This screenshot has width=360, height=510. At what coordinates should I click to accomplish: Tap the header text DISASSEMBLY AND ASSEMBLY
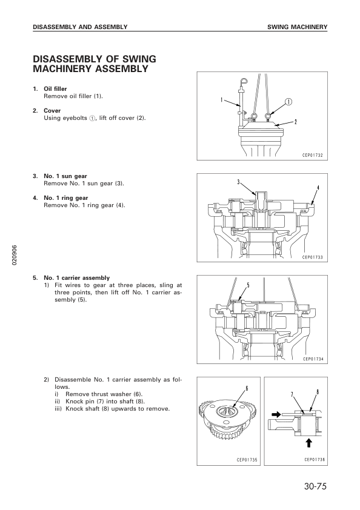80,27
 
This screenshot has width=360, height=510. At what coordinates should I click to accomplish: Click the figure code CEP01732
313,155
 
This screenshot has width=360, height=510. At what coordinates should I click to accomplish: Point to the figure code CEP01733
313,257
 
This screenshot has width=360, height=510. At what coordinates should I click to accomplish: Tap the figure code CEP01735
247,460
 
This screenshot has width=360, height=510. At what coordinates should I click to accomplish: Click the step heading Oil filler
55,89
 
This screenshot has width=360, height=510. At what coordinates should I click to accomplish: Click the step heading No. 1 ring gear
66,197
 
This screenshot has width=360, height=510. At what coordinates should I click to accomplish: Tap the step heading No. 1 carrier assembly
76,278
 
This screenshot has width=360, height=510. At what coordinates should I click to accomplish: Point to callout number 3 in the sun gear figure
238,182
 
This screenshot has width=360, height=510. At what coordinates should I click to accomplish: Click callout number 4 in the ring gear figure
318,187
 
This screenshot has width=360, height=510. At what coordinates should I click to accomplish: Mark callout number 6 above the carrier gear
247,388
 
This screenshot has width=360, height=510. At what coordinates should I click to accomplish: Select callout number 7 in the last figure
292,394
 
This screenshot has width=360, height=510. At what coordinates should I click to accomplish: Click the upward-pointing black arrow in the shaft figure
309,442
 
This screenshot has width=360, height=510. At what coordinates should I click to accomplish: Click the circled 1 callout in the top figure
288,102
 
